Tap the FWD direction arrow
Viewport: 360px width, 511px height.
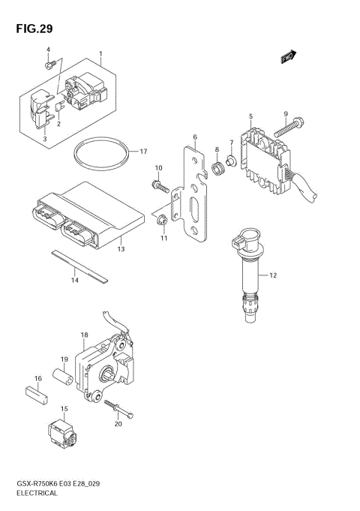pos(289,56)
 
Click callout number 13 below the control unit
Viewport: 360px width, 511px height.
pos(121,248)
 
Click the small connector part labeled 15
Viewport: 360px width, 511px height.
pos(61,431)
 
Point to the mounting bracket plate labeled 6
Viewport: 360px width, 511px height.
pos(195,195)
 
